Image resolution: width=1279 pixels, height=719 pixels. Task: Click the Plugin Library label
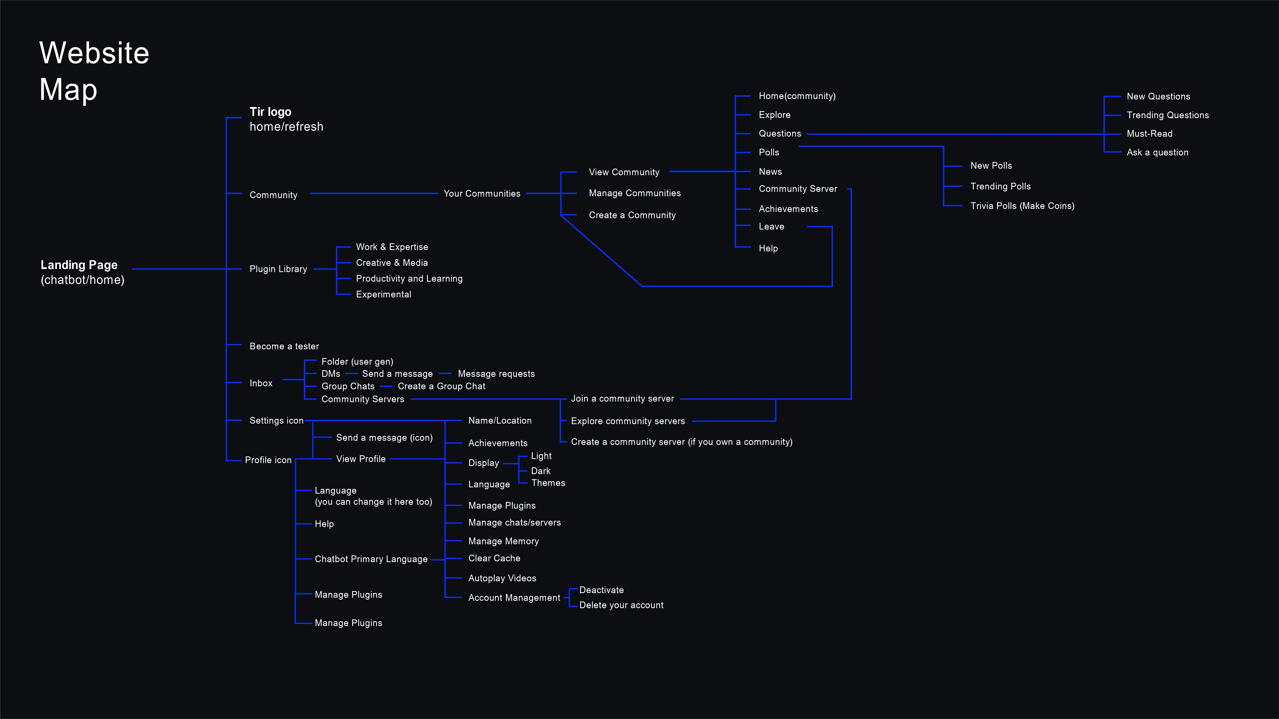pyautogui.click(x=278, y=269)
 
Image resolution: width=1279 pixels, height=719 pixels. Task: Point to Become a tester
pyautogui.click(x=284, y=346)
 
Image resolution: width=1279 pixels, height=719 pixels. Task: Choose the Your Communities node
pyautogui.click(x=482, y=193)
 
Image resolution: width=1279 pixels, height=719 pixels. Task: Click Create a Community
pyautogui.click(x=632, y=215)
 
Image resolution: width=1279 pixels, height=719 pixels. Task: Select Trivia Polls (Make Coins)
pyautogui.click(x=1022, y=206)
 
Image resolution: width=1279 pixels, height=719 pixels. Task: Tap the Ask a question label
pyautogui.click(x=1157, y=152)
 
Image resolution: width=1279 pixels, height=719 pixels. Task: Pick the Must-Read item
pyautogui.click(x=1149, y=134)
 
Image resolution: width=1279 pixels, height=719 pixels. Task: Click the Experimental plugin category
pyautogui.click(x=383, y=295)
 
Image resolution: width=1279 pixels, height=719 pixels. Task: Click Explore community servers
pyautogui.click(x=628, y=421)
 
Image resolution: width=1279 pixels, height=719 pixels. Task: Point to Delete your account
pyautogui.click(x=621, y=605)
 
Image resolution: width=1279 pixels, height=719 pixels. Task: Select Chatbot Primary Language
pyautogui.click(x=371, y=559)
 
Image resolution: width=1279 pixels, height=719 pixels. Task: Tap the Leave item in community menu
pyautogui.click(x=771, y=227)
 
